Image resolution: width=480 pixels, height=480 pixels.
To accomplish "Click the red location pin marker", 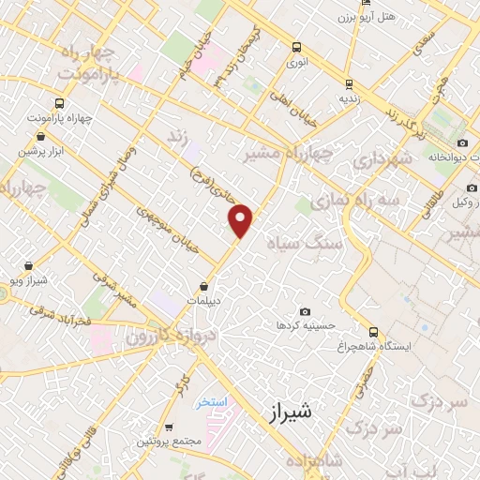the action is click(x=242, y=220).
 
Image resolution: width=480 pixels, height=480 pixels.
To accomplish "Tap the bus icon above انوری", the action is click(x=297, y=47).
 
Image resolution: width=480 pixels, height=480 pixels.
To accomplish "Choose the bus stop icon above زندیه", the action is click(x=349, y=82).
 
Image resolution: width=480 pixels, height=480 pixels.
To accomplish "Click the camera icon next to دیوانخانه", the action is click(x=462, y=142).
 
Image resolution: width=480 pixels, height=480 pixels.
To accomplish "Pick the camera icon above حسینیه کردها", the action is click(x=305, y=311).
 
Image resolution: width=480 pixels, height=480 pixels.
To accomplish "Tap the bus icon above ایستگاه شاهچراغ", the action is click(x=374, y=332).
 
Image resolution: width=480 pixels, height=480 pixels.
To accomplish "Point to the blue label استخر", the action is click(x=212, y=401).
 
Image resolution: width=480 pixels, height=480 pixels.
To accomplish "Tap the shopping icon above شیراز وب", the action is click(x=28, y=266).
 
